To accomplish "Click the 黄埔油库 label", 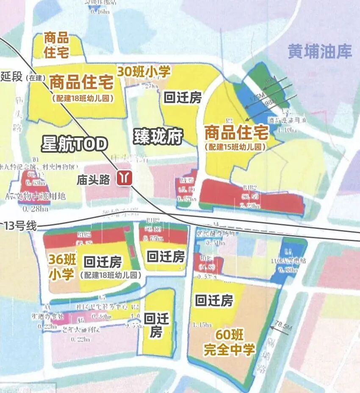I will [320, 52].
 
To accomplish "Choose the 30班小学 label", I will [144, 71].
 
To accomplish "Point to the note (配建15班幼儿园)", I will [236, 147].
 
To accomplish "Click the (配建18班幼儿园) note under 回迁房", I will [110, 275].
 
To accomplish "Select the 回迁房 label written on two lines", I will [156, 325].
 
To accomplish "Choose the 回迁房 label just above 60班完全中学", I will [214, 301].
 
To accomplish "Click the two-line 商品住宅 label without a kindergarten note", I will [56, 45].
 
